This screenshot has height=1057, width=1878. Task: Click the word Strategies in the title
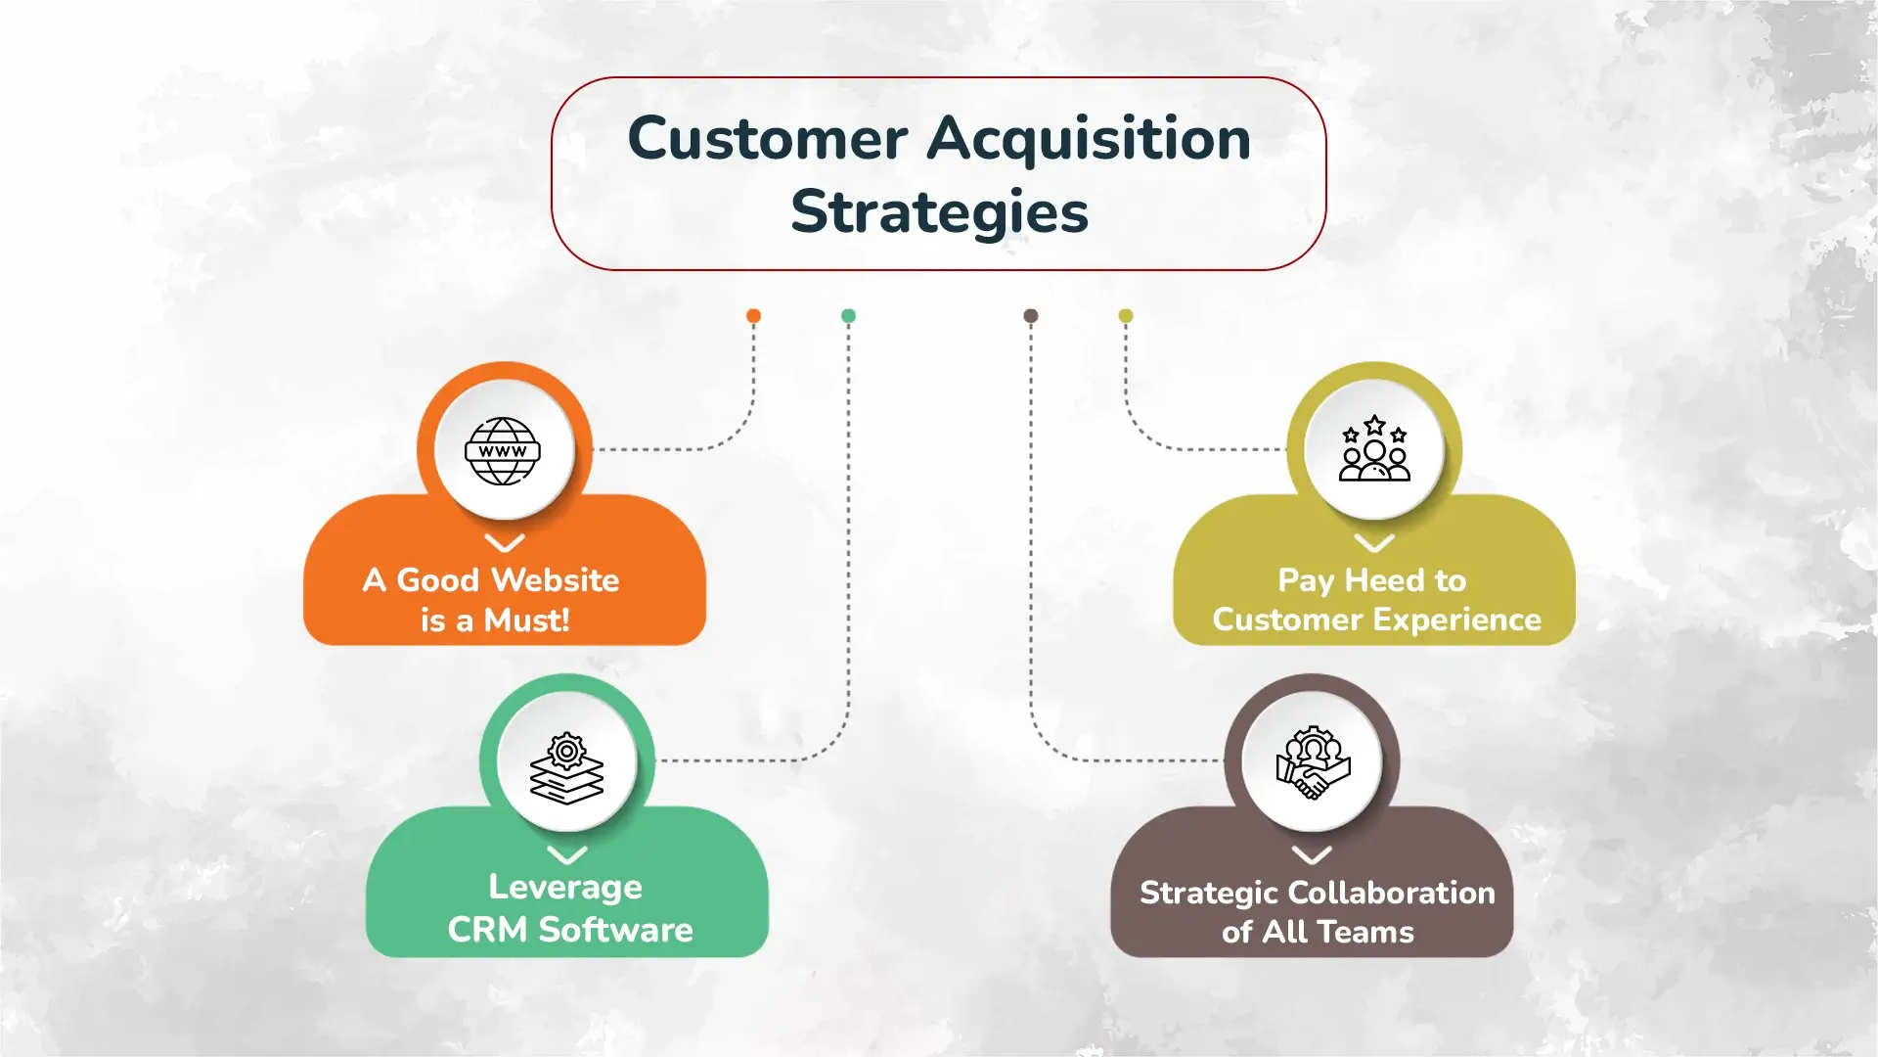tap(939, 212)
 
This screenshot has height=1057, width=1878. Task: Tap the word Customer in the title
tap(768, 139)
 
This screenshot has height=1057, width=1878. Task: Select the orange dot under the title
tap(753, 315)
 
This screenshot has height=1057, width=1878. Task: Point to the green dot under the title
tap(848, 315)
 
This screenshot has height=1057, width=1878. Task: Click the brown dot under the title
tap(1030, 315)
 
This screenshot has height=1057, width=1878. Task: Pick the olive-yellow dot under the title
tap(1126, 315)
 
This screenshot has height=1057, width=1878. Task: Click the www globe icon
tap(503, 451)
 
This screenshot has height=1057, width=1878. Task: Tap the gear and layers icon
tap(566, 768)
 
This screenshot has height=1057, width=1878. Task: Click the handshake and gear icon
tap(1313, 762)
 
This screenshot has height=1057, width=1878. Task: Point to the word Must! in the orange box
tap(526, 620)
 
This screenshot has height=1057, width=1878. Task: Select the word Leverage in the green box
tap(565, 887)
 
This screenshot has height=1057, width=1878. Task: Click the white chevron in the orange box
tap(505, 543)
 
